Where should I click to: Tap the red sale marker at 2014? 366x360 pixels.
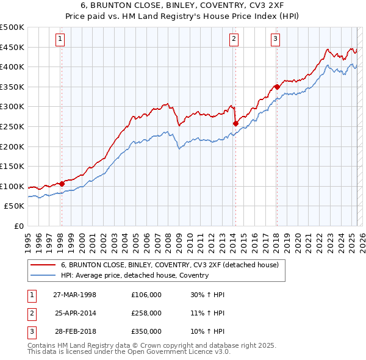click(235, 123)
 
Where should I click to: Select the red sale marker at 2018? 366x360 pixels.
click(277, 87)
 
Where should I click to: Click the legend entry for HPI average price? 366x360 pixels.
click(135, 275)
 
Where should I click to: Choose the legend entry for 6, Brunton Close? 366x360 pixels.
click(170, 265)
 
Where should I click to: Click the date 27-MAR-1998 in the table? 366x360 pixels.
click(75, 295)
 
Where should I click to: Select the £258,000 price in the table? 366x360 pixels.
click(146, 313)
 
